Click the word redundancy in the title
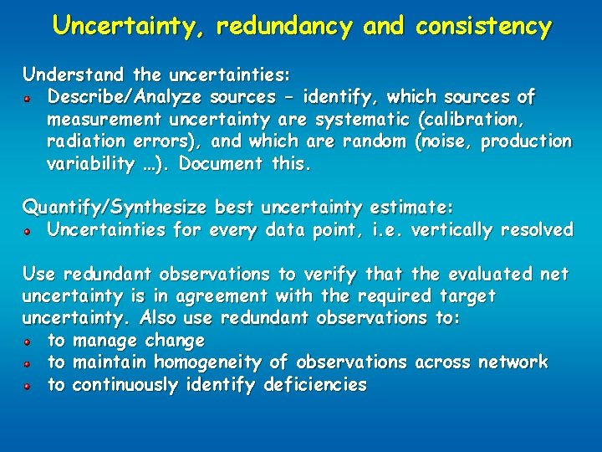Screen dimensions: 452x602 tap(285, 27)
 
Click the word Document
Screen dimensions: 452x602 tap(221, 164)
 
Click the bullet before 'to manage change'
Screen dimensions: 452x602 tap(28, 342)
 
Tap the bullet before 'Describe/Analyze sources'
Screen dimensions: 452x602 tap(28, 98)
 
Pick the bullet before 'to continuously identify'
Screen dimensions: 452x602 tap(28, 386)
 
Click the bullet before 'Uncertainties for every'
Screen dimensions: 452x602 tap(28, 231)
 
